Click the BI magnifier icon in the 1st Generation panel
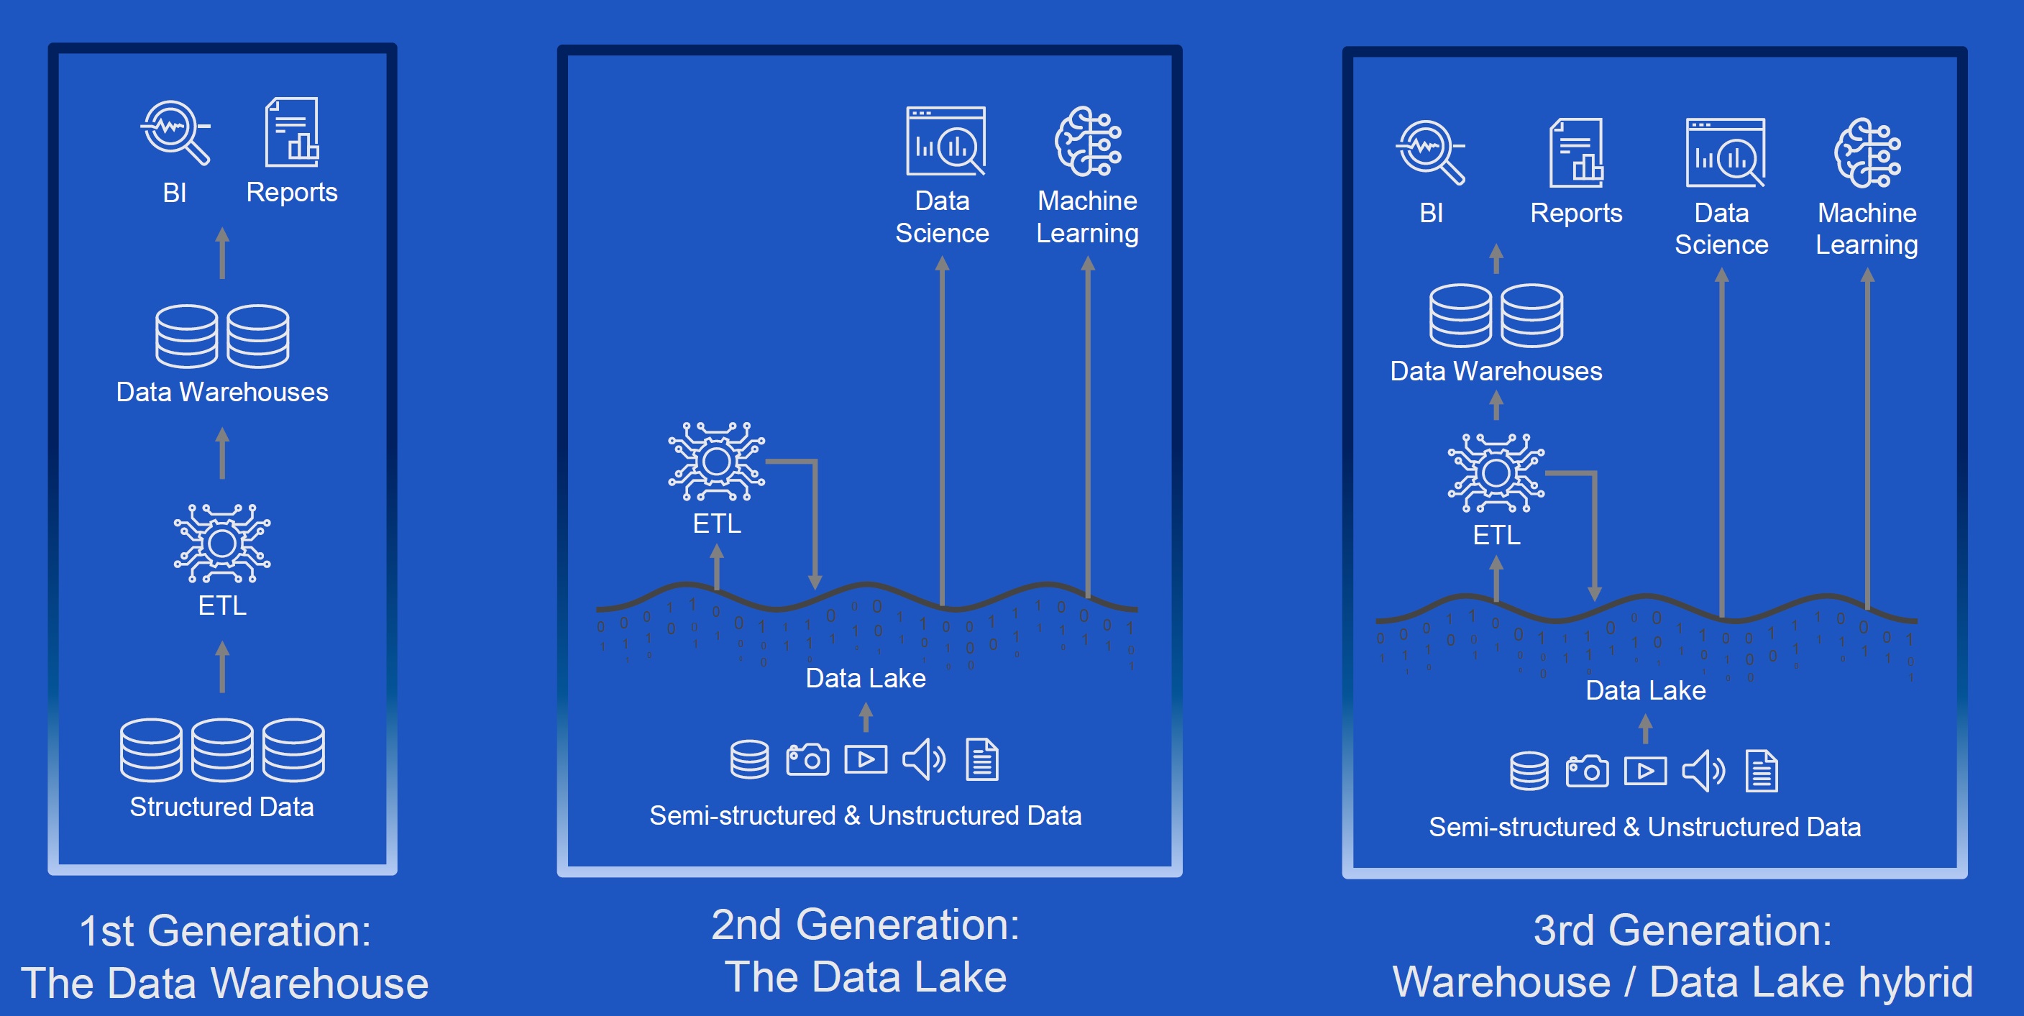pos(175,131)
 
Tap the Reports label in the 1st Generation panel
pos(291,193)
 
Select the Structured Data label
pos(221,807)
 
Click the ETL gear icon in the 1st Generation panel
pos(222,543)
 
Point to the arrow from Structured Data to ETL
pos(222,667)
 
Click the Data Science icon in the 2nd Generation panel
pos(945,142)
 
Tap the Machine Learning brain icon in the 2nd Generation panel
pos(1087,142)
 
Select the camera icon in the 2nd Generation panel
pos(807,760)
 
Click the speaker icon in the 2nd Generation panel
pos(923,760)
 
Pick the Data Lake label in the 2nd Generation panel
pos(865,678)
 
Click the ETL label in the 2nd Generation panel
pos(717,523)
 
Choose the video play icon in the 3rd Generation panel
pos(1645,771)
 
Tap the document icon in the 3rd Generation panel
pos(1762,771)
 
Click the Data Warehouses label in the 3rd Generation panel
pos(1496,371)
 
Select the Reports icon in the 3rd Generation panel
pos(1576,153)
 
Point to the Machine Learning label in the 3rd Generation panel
pos(1867,229)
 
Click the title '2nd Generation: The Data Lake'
pos(865,951)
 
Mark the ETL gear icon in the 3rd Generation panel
pos(1496,473)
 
